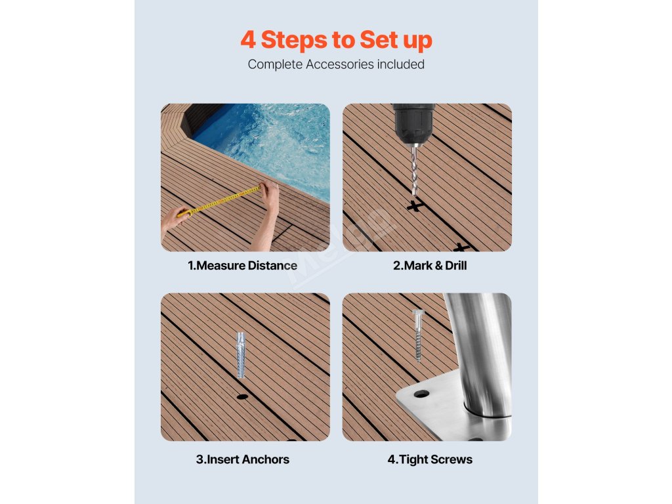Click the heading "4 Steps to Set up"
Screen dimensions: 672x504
[336, 40]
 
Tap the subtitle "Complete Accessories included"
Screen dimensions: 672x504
[336, 64]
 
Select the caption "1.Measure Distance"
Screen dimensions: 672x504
[243, 266]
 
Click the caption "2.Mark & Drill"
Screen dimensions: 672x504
[430, 266]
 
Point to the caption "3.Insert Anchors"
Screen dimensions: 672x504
[243, 459]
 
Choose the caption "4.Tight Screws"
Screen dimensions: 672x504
[430, 459]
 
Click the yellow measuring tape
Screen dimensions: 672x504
[219, 200]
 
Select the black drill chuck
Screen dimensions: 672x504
[413, 123]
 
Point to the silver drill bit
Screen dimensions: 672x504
[414, 170]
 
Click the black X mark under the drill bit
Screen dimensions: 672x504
[415, 205]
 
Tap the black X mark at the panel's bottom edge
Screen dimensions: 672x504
[461, 247]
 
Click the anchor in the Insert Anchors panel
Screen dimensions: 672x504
[241, 354]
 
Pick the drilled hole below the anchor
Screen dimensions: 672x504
[242, 396]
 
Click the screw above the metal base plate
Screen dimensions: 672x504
[418, 335]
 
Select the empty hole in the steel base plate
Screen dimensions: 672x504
[421, 394]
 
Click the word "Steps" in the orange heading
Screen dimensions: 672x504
[295, 40]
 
